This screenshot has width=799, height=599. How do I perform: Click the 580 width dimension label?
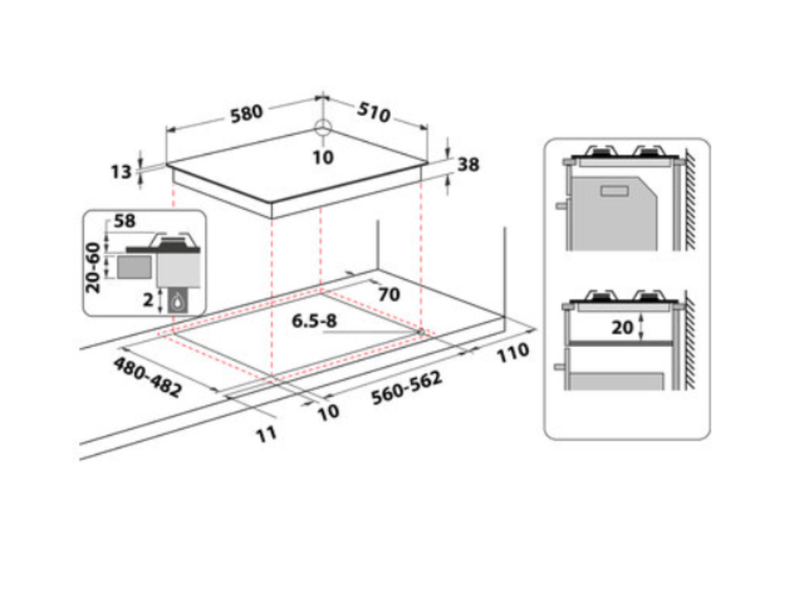point(247,113)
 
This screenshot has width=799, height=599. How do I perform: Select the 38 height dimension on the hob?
point(468,165)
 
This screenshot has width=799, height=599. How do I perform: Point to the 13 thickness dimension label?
point(121,172)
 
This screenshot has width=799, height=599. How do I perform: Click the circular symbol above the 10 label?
point(323,129)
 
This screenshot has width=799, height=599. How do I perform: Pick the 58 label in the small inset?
point(125,221)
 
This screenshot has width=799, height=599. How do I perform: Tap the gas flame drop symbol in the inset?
point(180,301)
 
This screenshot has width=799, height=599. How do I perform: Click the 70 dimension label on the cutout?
point(389,294)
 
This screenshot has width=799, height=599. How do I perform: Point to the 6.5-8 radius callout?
point(314,320)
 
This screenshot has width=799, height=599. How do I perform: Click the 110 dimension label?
point(513,353)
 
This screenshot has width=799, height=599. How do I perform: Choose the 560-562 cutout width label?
point(407,388)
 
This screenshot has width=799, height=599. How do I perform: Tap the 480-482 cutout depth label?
point(147,377)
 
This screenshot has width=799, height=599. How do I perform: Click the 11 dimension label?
point(267,434)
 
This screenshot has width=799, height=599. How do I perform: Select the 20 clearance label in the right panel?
point(622,328)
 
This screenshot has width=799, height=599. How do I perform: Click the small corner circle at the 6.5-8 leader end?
point(421,332)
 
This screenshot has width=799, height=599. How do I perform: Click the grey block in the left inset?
point(134,268)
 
